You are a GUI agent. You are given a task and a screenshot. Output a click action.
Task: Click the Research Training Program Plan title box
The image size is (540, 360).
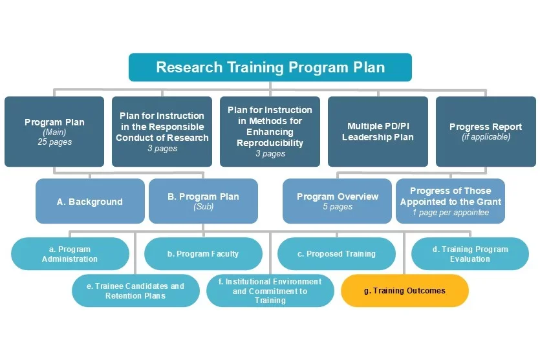click(x=270, y=67)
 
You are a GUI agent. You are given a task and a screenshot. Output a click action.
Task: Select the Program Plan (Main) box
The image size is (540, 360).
click(x=54, y=131)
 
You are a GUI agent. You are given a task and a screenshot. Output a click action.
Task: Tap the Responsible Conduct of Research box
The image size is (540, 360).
click(x=162, y=131)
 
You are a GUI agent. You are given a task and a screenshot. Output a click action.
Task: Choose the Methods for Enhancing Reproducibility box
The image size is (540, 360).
click(x=270, y=131)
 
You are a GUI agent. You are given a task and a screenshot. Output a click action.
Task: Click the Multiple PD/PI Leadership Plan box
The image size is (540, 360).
click(x=378, y=131)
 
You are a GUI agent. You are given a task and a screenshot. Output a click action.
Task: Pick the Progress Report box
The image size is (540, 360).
click(x=486, y=131)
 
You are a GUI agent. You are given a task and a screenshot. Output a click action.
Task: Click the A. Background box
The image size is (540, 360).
click(x=90, y=202)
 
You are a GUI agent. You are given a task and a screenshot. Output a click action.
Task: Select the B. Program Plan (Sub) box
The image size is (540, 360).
click(x=203, y=201)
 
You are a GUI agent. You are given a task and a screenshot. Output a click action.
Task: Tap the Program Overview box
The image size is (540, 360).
click(x=337, y=201)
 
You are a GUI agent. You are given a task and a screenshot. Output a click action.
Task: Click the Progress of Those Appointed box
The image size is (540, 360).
click(x=450, y=201)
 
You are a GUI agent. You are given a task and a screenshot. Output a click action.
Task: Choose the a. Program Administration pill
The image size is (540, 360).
click(x=70, y=254)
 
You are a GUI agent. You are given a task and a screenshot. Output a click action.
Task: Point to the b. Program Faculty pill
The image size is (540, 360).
click(x=203, y=254)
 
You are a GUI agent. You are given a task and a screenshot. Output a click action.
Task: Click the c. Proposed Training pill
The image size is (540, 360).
click(x=336, y=254)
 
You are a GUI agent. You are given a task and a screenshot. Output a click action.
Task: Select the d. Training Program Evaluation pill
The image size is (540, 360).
click(x=470, y=254)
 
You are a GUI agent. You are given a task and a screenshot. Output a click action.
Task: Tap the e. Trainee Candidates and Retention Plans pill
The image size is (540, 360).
click(x=135, y=291)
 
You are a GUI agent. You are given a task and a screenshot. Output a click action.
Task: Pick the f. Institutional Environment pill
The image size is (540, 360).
click(x=270, y=291)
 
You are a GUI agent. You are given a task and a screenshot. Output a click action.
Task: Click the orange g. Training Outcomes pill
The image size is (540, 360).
click(x=404, y=291)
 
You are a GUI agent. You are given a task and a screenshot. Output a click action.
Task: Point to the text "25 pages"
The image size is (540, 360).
click(x=54, y=142)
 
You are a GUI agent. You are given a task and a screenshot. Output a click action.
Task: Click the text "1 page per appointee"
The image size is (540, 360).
click(x=450, y=213)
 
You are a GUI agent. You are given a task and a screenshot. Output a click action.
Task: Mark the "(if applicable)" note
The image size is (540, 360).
click(x=486, y=137)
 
